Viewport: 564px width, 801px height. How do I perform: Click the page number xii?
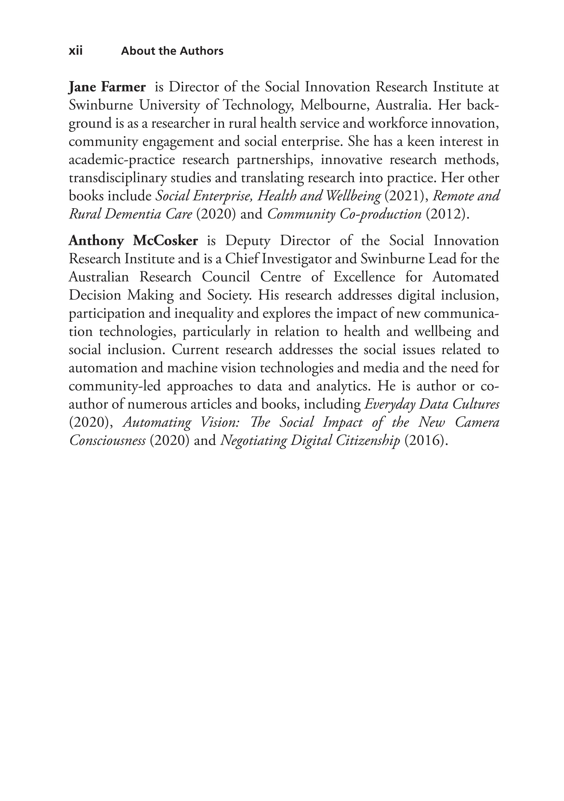click(76, 51)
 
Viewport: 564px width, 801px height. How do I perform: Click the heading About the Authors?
click(172, 51)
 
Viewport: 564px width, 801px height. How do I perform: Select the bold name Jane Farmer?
click(107, 87)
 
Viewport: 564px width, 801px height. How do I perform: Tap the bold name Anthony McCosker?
click(133, 241)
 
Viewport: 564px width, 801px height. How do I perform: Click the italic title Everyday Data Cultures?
click(432, 404)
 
